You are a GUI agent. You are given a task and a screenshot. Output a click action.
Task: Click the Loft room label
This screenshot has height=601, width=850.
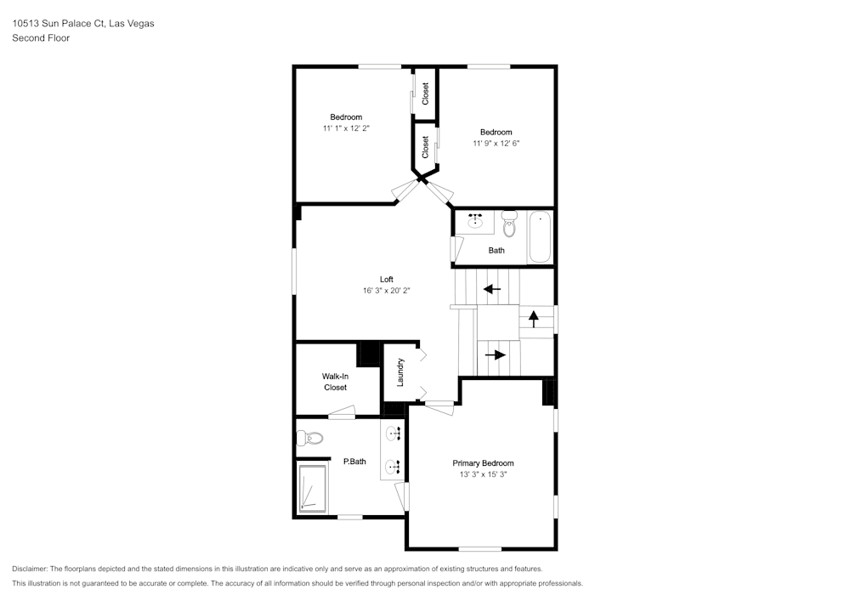coord(387,279)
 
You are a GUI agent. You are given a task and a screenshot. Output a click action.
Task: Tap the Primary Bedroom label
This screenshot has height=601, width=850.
coord(483,462)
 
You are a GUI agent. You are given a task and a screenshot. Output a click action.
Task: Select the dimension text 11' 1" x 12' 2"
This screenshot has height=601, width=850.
coord(347,128)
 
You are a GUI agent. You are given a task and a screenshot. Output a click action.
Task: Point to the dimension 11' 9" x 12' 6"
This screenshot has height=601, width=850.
coord(496,144)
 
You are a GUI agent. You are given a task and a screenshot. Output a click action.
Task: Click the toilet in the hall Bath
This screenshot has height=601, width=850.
coord(509,224)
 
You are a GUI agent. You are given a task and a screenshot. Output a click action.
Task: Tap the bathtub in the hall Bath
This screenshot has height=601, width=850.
coord(540,237)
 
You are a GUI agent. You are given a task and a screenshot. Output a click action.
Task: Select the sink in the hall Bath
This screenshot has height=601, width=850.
coord(475,221)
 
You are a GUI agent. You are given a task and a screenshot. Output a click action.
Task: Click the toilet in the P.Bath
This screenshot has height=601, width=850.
coord(309,437)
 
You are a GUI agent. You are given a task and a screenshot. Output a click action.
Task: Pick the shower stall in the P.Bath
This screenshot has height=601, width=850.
coord(312,488)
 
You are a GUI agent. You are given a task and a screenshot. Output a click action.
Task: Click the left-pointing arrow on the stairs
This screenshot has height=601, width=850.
coord(492,289)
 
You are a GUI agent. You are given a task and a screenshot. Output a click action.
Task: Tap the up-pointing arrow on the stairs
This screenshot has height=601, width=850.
coord(534,319)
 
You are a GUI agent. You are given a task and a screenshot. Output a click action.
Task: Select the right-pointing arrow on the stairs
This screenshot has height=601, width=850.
coord(496,355)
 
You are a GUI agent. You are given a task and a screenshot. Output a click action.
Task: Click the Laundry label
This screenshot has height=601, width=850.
coord(400,372)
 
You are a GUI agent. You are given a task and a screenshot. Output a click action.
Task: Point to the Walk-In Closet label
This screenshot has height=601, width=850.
coord(335,382)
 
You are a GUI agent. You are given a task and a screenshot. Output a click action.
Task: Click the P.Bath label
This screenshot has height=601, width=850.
coord(354,462)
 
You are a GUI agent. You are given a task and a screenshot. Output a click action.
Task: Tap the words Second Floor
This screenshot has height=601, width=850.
coord(41,38)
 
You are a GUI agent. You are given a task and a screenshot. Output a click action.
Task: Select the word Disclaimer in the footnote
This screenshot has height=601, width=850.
coord(30,569)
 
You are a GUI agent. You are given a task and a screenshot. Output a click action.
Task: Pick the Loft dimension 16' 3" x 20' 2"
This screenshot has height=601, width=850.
coord(387,291)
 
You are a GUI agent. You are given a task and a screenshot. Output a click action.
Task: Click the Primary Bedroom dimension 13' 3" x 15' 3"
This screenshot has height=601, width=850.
coord(483,474)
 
